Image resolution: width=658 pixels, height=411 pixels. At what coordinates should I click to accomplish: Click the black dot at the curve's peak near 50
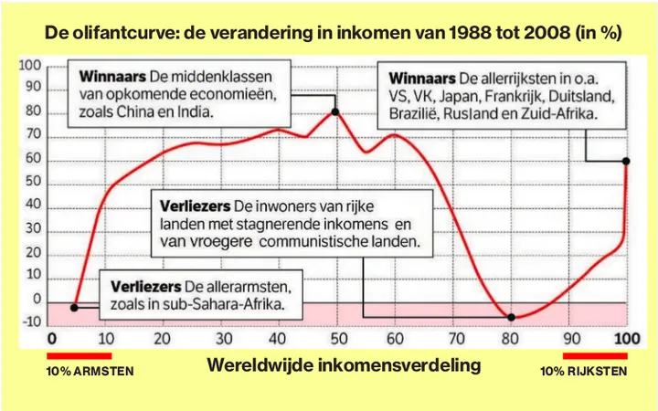pyautogui.click(x=335, y=111)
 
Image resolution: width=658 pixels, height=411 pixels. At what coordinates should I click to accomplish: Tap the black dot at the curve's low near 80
pyautogui.click(x=511, y=317)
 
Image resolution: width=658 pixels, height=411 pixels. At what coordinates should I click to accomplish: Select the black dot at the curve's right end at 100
pyautogui.click(x=626, y=161)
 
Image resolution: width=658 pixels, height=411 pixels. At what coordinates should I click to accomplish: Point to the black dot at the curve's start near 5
pyautogui.click(x=74, y=307)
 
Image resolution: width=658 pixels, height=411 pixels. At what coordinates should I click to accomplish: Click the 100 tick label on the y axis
pyautogui.click(x=30, y=65)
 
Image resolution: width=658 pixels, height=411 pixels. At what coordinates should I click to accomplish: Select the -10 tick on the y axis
pyautogui.click(x=30, y=321)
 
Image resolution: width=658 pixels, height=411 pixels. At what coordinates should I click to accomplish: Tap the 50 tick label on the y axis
pyautogui.click(x=33, y=182)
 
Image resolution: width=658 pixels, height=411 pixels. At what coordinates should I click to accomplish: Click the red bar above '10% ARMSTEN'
pyautogui.click(x=79, y=356)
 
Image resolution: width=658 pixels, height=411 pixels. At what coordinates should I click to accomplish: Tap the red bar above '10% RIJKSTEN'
pyautogui.click(x=595, y=356)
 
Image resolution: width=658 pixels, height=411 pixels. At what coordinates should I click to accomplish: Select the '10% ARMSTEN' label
pyautogui.click(x=90, y=372)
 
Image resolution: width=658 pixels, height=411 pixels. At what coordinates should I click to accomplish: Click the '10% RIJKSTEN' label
pyautogui.click(x=582, y=372)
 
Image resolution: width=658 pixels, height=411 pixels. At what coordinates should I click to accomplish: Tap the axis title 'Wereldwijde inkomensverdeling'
pyautogui.click(x=344, y=365)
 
